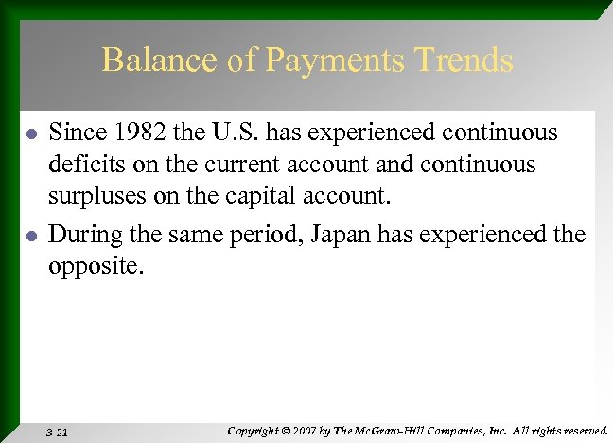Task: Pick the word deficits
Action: pyautogui.click(x=82, y=165)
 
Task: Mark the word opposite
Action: pyautogui.click(x=95, y=266)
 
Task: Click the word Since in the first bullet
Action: pyautogui.click(x=73, y=133)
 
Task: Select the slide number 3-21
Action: pyautogui.click(x=57, y=431)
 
